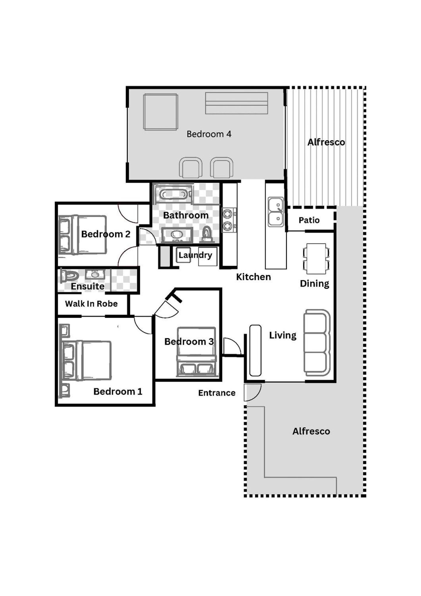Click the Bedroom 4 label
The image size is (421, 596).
(x=209, y=134)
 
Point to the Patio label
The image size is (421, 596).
(x=309, y=220)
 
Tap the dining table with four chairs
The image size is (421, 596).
(x=316, y=258)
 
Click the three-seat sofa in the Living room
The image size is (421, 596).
(x=317, y=342)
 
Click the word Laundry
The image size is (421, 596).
(x=195, y=255)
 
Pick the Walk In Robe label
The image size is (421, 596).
(x=91, y=303)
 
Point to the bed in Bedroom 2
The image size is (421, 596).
(x=83, y=235)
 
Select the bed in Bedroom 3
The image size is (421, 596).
(x=196, y=352)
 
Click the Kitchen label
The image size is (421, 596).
(x=253, y=277)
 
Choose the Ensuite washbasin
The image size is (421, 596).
(x=95, y=274)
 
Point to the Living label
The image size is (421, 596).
(x=283, y=335)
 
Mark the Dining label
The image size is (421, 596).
(x=314, y=284)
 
